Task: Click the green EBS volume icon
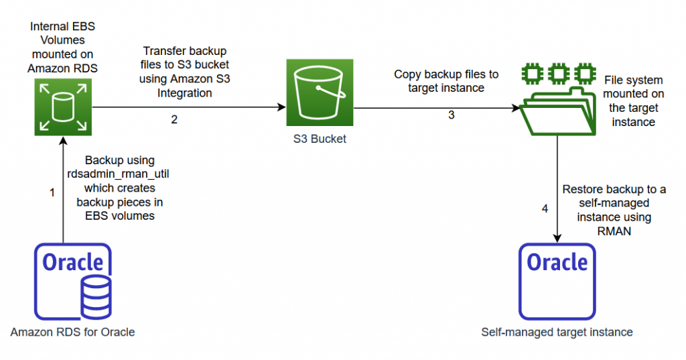click(x=62, y=107)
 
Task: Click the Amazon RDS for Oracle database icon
click(x=73, y=282)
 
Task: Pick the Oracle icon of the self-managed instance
click(x=557, y=282)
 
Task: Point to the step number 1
click(x=52, y=192)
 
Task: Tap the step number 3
click(x=451, y=115)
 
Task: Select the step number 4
click(x=545, y=208)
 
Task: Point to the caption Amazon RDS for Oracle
click(x=72, y=333)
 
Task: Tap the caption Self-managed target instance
click(x=557, y=332)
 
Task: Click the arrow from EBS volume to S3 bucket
click(x=188, y=107)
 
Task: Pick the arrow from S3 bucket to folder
click(x=435, y=107)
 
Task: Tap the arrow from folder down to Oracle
click(x=557, y=188)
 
